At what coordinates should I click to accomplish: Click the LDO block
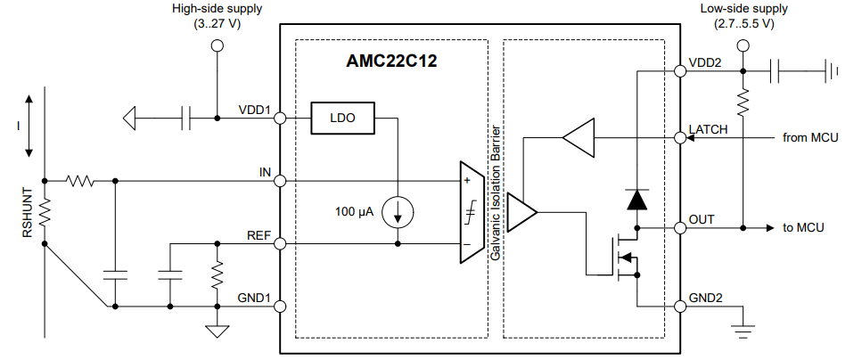pyautogui.click(x=342, y=119)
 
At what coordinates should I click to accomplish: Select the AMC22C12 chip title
pyautogui.click(x=391, y=61)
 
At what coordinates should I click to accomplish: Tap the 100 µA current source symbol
pyautogui.click(x=398, y=212)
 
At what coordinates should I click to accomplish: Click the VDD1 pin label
pyautogui.click(x=255, y=110)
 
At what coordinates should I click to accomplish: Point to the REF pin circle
pyautogui.click(x=280, y=243)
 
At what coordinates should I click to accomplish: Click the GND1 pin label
pyautogui.click(x=254, y=299)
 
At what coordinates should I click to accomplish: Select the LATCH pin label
pyautogui.click(x=708, y=130)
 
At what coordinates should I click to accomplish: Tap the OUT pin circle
pyautogui.click(x=680, y=227)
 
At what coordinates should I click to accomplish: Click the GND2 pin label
pyautogui.click(x=706, y=299)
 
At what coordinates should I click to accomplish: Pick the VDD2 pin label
pyautogui.click(x=705, y=62)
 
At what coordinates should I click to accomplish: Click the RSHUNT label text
pyautogui.click(x=28, y=212)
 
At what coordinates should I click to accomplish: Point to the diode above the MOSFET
pyautogui.click(x=637, y=200)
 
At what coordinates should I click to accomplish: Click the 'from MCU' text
pyautogui.click(x=810, y=137)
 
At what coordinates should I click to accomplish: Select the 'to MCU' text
pyautogui.click(x=803, y=227)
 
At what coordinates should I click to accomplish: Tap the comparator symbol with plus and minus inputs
pyautogui.click(x=472, y=212)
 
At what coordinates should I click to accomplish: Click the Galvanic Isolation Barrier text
pyautogui.click(x=496, y=192)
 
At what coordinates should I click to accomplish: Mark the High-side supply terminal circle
pyautogui.click(x=218, y=45)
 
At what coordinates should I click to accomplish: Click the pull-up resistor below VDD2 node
pyautogui.click(x=743, y=102)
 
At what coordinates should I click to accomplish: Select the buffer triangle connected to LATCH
pyautogui.click(x=579, y=137)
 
